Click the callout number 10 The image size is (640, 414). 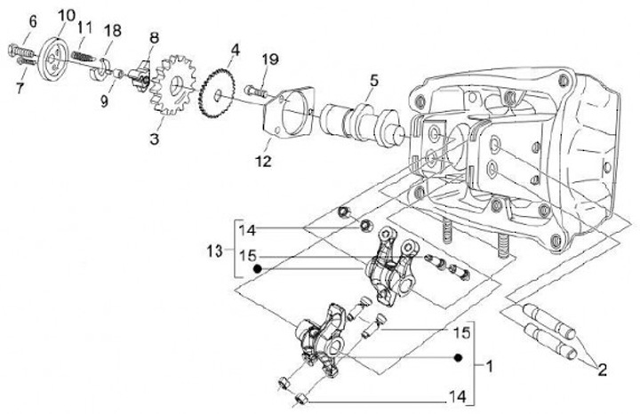coord(67,15)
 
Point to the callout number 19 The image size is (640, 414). coord(270,60)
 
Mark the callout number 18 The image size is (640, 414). coord(111,32)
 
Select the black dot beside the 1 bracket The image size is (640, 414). coord(456,358)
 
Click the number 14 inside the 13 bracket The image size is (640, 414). coord(250,229)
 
